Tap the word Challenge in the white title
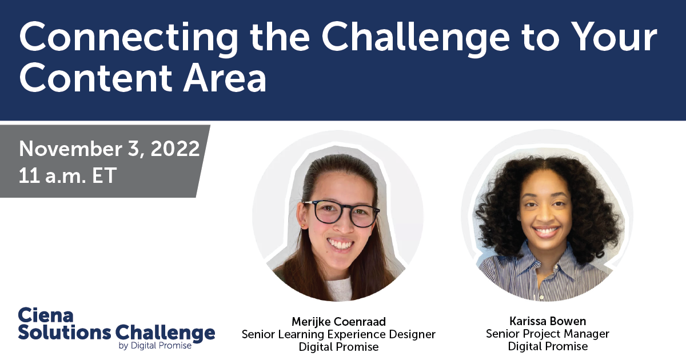pos(416,37)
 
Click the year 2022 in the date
pos(175,149)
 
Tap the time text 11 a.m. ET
pos(67,175)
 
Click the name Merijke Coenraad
pos(338,321)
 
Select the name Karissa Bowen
pos(548,321)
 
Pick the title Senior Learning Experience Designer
pos(338,334)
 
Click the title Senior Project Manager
pos(548,334)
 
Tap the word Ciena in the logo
pos(46,315)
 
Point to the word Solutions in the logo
pos(65,333)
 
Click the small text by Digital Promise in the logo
pos(155,346)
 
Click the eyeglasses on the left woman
pos(342,213)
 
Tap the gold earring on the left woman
pos(304,226)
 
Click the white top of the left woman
pos(339,289)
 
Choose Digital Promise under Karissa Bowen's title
pos(548,346)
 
